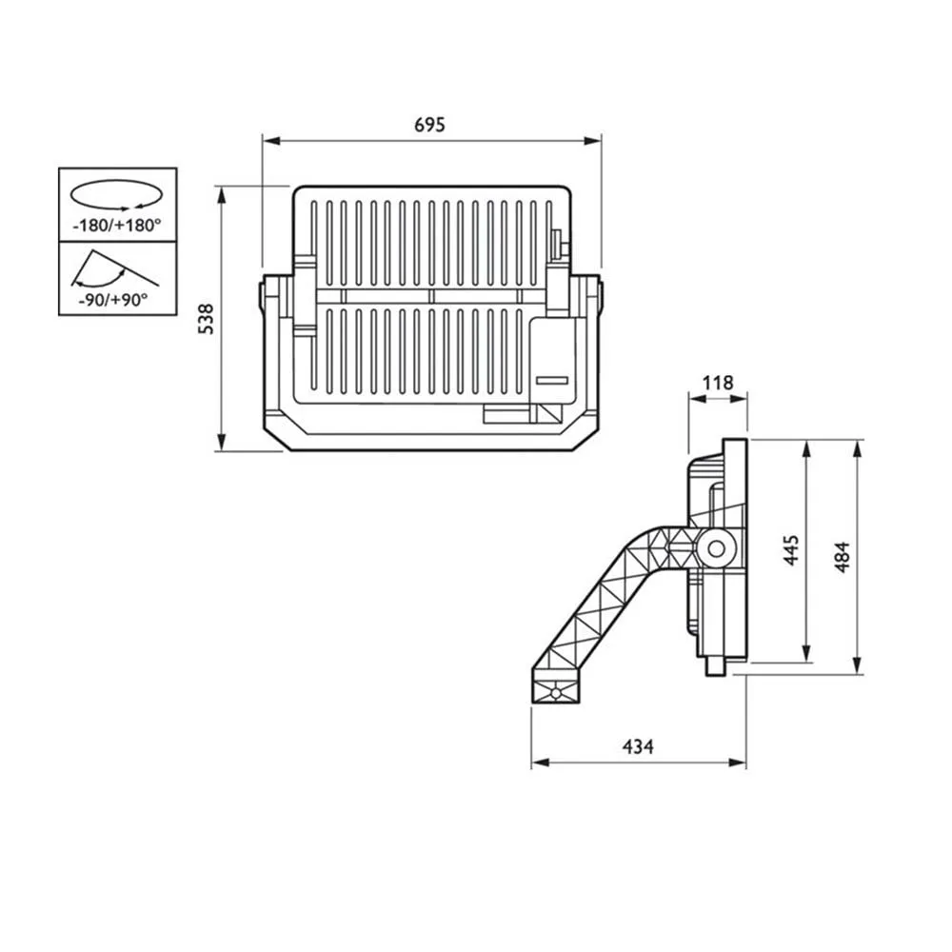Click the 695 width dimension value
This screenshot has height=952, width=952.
[x=430, y=125]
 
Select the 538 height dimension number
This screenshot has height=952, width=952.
[x=207, y=319]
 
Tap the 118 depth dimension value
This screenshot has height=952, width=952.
[x=718, y=383]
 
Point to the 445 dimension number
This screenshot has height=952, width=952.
[x=790, y=550]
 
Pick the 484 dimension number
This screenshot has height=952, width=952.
[x=842, y=557]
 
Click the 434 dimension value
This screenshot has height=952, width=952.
[x=638, y=746]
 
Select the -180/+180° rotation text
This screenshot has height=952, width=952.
[x=116, y=226]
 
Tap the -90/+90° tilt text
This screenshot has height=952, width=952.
[x=113, y=300]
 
